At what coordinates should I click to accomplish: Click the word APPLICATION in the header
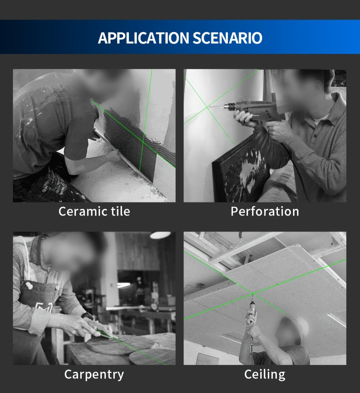click(143, 38)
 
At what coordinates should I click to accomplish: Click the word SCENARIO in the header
click(227, 38)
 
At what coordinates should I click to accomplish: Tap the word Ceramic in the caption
click(80, 211)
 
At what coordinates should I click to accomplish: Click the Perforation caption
click(265, 211)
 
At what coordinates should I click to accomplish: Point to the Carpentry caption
click(94, 374)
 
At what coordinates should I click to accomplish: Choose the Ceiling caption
click(265, 374)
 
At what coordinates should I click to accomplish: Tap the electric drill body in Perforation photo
click(253, 110)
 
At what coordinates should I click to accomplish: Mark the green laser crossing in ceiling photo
click(253, 293)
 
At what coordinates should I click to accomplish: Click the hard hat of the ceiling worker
click(296, 327)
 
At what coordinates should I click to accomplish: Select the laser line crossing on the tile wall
click(143, 142)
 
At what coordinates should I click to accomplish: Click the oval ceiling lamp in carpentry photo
click(160, 235)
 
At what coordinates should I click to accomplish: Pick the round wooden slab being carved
click(120, 346)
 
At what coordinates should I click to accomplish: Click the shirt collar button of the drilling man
click(315, 136)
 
